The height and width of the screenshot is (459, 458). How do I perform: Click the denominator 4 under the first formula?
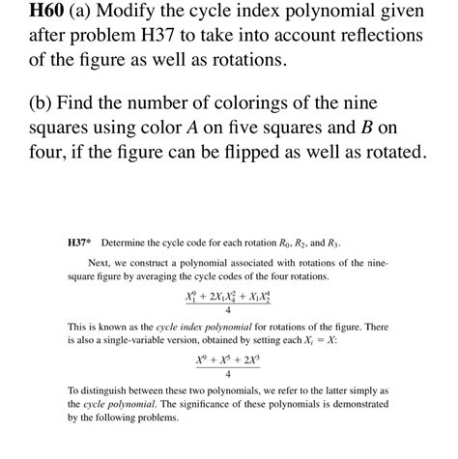click(227, 311)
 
